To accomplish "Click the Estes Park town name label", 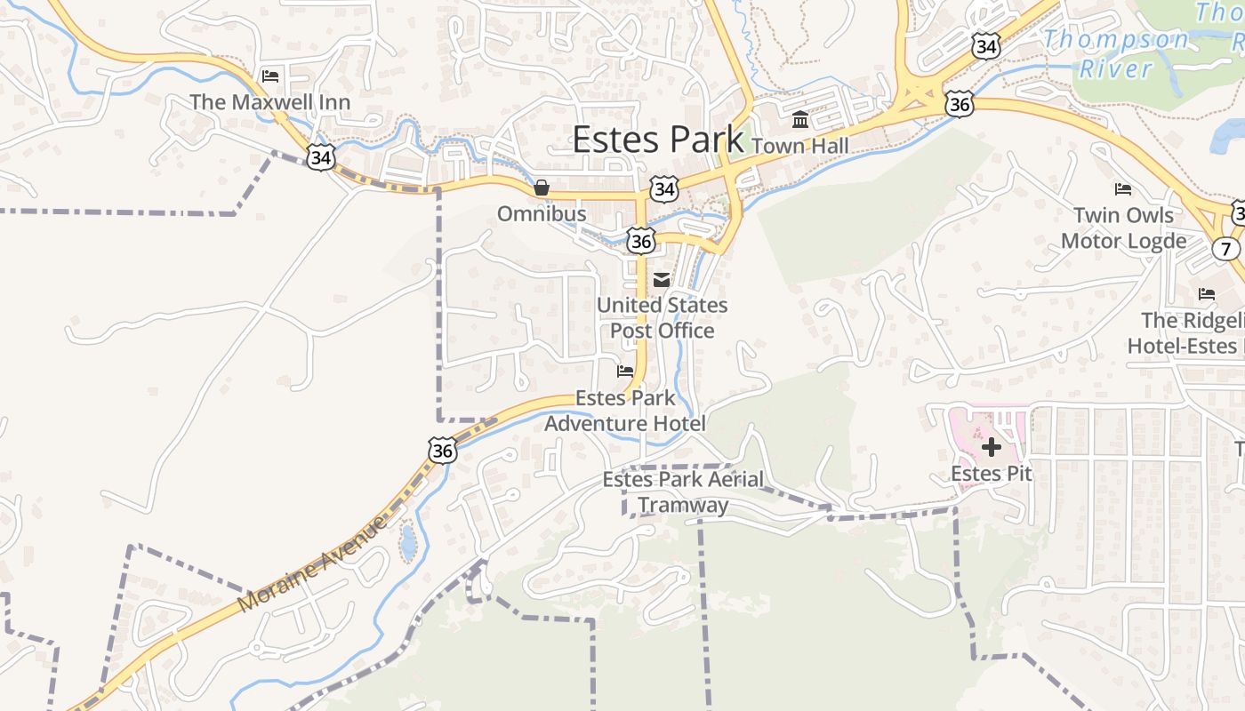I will [657, 140].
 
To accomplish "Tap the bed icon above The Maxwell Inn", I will [270, 76].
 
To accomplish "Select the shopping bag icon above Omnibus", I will [541, 188].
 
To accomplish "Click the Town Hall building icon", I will [799, 119].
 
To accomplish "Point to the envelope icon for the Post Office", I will [662, 279].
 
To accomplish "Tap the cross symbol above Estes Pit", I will [991, 446].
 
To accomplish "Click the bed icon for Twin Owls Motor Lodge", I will [1123, 189].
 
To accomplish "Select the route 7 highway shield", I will [1227, 249].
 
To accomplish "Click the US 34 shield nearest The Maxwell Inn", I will [321, 158].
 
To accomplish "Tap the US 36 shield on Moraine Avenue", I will [442, 451].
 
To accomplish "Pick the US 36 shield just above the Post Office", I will [640, 242].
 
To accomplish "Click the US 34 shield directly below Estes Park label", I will [663, 188].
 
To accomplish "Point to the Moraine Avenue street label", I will [313, 564].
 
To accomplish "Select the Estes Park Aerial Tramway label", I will [683, 492].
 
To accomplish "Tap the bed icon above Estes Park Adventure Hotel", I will [625, 371].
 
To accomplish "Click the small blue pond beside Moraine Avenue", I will [407, 542].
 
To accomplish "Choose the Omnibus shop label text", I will [541, 214].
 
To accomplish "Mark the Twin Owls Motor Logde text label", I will [1123, 228].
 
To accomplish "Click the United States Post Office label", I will [662, 318].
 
